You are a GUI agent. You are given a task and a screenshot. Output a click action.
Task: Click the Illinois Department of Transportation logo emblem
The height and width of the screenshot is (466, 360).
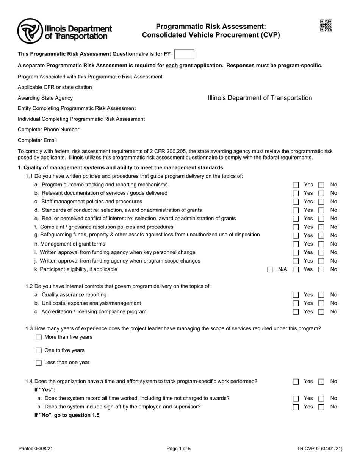pos(30,31)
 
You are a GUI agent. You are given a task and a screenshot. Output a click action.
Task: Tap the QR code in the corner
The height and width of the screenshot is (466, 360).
pos(326,26)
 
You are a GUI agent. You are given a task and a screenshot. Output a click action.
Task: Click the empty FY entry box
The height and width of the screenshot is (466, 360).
pos(184,54)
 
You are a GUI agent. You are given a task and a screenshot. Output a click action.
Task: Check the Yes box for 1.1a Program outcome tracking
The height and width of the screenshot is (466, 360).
pos(296,185)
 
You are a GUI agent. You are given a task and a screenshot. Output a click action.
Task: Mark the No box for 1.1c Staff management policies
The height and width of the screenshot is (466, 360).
pos(321,202)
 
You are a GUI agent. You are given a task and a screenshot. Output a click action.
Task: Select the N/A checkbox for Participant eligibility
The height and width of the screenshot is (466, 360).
pos(270,270)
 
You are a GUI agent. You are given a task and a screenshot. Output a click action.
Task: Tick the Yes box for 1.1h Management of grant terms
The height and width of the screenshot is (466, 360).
pos(296,244)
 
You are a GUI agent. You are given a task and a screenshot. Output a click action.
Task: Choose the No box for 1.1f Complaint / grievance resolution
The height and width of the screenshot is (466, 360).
pos(321,227)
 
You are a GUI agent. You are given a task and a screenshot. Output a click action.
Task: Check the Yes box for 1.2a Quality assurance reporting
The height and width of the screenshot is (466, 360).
pos(296,295)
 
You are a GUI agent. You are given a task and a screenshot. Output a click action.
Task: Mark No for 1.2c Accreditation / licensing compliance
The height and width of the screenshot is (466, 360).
pos(321,312)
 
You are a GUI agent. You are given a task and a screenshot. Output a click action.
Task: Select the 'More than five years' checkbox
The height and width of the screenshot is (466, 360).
pos(39,337)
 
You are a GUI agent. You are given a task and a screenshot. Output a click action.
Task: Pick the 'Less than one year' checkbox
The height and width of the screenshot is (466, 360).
pos(39,363)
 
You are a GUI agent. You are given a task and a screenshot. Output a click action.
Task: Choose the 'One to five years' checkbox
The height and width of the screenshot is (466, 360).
pos(39,350)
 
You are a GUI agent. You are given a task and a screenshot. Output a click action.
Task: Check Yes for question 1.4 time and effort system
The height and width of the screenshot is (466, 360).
pos(296,382)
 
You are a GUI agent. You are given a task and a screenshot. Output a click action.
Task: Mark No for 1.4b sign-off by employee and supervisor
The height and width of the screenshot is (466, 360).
pos(321,407)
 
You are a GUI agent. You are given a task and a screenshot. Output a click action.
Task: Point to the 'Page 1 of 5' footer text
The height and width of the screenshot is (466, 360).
pos(178,449)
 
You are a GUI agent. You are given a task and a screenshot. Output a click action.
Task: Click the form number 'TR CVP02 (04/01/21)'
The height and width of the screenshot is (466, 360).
pos(320,449)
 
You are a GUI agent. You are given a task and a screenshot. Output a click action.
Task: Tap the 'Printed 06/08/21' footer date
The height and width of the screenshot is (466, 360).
pos(36,449)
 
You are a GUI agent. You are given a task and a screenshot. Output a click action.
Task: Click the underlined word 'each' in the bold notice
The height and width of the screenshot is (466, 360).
pos(172,66)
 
